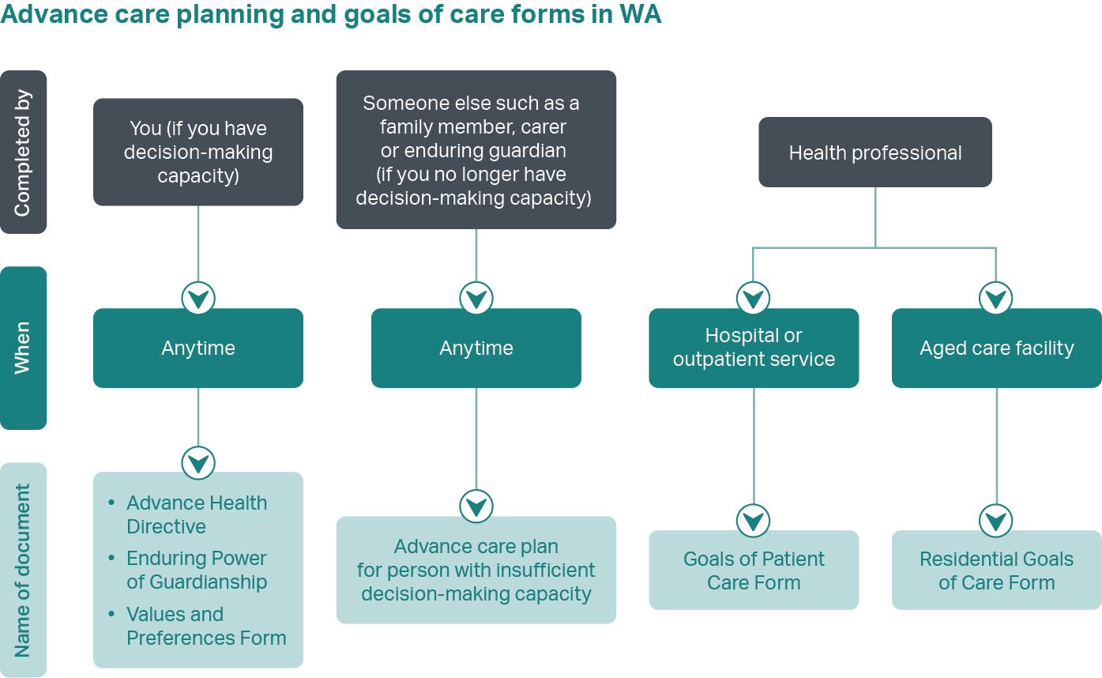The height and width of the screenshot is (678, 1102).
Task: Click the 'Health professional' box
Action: point(875,153)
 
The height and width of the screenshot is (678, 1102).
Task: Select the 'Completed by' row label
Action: point(23,153)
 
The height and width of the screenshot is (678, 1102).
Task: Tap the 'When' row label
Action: point(23,348)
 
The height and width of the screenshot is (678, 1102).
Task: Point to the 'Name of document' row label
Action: point(23,570)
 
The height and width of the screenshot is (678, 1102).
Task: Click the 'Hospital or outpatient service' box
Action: point(754,348)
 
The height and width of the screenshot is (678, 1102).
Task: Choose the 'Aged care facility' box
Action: point(996,348)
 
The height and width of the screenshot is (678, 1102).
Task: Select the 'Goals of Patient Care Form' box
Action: point(754,571)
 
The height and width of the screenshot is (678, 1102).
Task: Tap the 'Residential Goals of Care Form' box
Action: point(996,571)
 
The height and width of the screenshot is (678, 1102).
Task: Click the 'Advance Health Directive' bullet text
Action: point(197,514)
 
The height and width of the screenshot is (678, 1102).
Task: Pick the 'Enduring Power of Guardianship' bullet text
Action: point(197,570)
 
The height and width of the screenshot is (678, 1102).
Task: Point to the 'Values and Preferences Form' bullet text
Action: point(205,626)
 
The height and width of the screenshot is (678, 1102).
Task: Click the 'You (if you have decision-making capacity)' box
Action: point(198,152)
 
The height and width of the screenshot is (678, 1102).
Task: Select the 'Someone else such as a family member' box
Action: point(476,150)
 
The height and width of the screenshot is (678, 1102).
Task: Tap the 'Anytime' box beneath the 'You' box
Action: point(198,348)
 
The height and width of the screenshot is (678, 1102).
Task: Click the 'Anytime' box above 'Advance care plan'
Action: point(476,348)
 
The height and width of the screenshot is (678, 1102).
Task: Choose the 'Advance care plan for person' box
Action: point(476,570)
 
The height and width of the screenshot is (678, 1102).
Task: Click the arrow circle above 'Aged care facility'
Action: point(996,298)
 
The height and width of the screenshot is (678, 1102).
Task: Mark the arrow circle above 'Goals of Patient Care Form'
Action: point(754,520)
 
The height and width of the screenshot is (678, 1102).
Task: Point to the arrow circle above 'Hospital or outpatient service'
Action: point(753,298)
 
